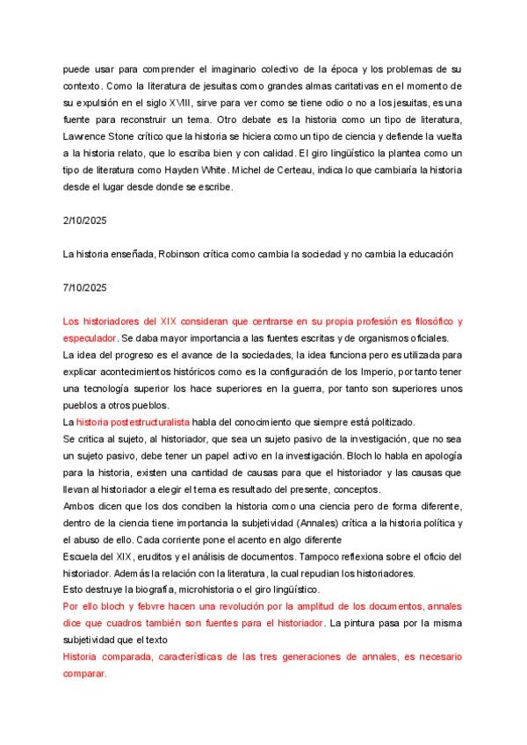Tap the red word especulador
click(x=90, y=337)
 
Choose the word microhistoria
click(x=202, y=589)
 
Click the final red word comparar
click(x=84, y=673)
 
